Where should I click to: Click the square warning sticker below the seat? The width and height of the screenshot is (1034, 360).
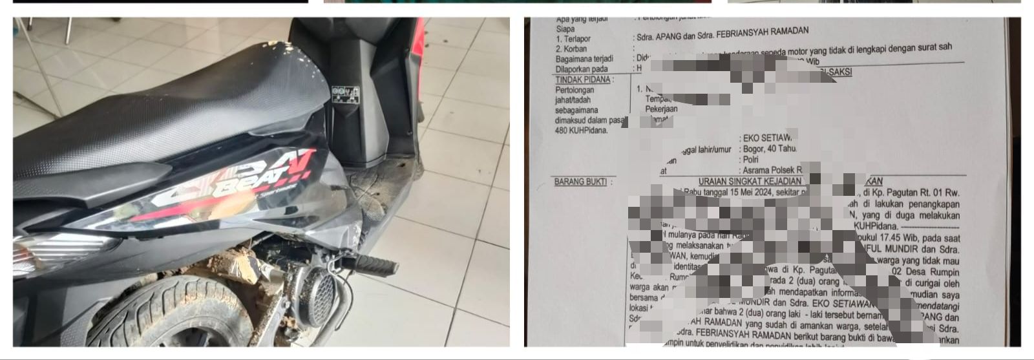(345, 95)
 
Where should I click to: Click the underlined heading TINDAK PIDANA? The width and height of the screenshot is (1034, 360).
(582, 79)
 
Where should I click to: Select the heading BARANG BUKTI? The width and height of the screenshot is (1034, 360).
(580, 182)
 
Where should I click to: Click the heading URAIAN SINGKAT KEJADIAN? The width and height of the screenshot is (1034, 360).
(750, 182)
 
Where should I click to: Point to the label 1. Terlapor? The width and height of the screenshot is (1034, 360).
(573, 39)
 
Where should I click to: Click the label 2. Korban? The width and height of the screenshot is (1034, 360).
(571, 48)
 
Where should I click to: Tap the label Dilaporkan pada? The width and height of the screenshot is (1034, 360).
(582, 69)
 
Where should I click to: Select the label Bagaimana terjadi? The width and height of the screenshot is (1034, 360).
(584, 59)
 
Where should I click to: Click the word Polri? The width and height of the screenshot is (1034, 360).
(750, 160)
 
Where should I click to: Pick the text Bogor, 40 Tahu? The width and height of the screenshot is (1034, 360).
(770, 149)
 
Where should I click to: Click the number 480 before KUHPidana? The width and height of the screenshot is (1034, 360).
(562, 131)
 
